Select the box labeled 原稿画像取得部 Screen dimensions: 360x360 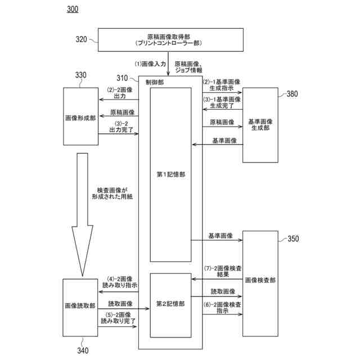[x=172, y=39]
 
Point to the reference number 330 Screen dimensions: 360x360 [x=81, y=75]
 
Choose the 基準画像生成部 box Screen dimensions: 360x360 [x=260, y=125]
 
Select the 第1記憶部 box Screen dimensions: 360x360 [x=171, y=174]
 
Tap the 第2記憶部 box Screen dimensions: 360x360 [x=171, y=304]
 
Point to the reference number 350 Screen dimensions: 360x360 [x=292, y=238]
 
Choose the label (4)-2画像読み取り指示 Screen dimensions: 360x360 [x=118, y=282]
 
